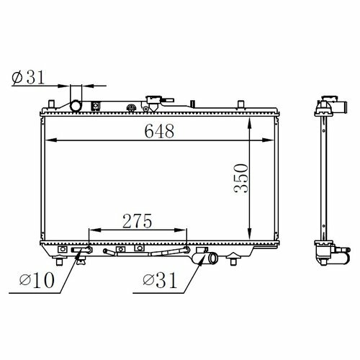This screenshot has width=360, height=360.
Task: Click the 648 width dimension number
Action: tap(159, 131)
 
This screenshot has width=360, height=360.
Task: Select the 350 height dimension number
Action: tap(240, 178)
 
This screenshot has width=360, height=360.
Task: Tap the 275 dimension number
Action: tap(138, 221)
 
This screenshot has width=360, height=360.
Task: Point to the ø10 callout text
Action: tap(37, 280)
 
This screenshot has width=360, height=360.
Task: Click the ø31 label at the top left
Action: tap(28, 77)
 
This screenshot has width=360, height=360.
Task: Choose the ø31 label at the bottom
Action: tap(160, 280)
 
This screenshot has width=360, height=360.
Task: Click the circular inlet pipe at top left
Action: tap(76, 106)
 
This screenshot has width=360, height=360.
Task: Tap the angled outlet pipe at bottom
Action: tap(208, 258)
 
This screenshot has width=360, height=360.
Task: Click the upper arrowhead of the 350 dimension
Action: tap(250, 122)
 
